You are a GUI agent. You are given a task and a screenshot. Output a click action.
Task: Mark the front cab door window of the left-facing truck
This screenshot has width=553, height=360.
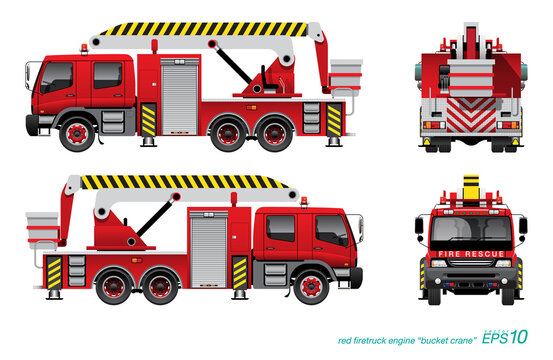pyautogui.click(x=57, y=76)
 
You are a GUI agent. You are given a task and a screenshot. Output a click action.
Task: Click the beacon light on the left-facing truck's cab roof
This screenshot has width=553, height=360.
pyautogui.click(x=82, y=47)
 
